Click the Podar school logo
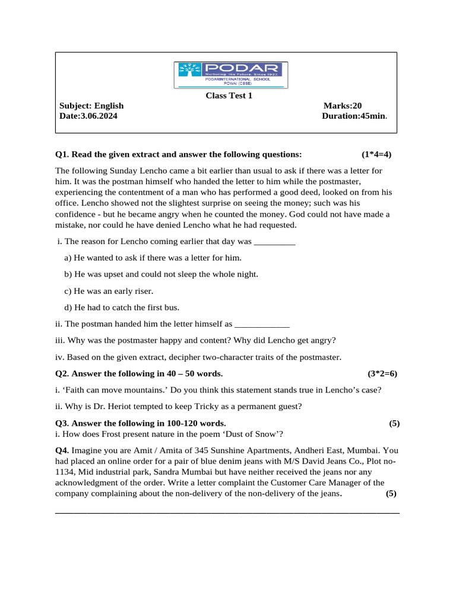tap(230, 75)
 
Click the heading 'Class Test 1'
tap(229, 96)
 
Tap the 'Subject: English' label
tap(91, 106)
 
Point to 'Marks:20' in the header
tap(343, 106)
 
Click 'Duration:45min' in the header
tap(354, 116)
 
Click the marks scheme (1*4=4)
tap(376, 154)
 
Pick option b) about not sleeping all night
tap(161, 274)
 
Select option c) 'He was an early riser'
tap(109, 291)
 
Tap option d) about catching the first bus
tap(122, 308)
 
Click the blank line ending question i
tap(274, 242)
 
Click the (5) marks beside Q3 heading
tap(394, 423)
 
